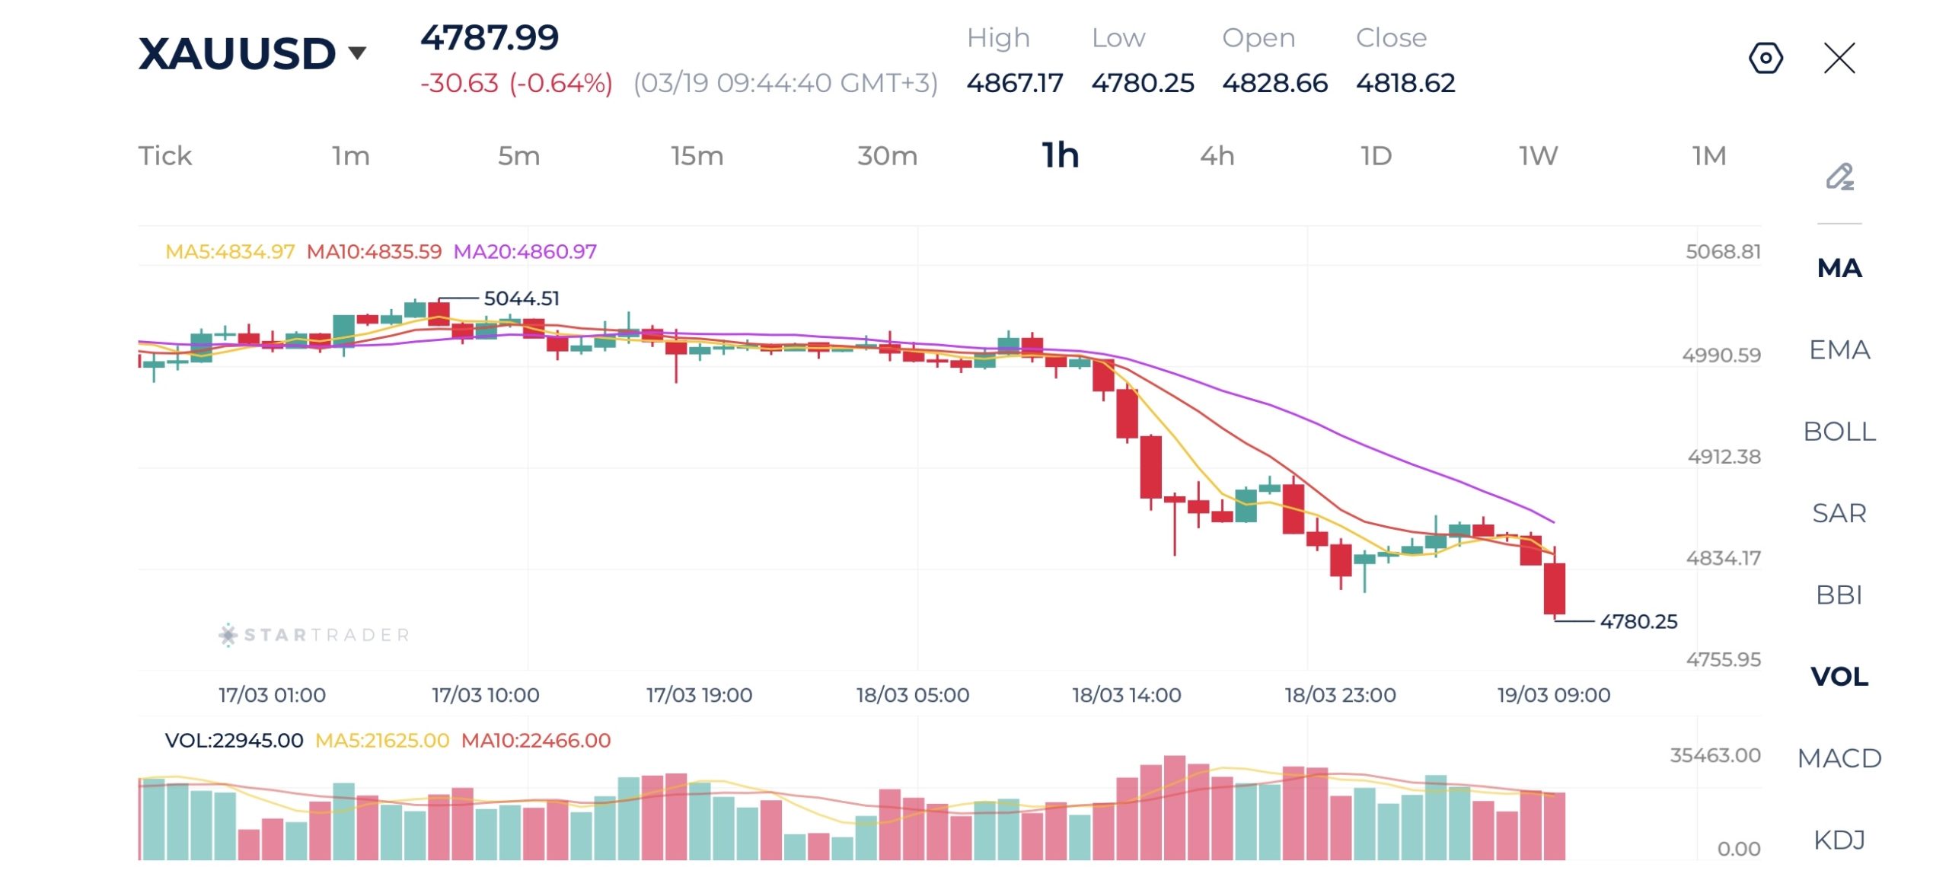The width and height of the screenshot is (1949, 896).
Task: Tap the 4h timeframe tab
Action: point(1217,156)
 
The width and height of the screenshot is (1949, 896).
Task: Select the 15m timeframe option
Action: point(697,156)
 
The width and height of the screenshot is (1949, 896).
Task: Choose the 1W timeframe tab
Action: point(1538,156)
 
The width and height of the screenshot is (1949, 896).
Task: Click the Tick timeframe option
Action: point(165,156)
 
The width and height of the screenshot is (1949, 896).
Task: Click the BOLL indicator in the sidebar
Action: point(1839,432)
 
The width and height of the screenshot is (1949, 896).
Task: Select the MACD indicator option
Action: point(1839,758)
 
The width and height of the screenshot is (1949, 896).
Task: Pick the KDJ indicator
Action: point(1839,840)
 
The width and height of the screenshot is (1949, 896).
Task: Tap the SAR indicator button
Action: point(1839,513)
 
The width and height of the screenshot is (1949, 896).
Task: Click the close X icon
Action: point(1839,58)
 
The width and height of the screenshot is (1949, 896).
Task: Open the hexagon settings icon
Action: point(1766,58)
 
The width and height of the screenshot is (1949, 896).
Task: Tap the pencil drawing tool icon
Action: point(1839,177)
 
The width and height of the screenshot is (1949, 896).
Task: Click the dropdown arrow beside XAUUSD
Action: point(357,53)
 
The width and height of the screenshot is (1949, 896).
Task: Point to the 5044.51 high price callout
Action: point(521,298)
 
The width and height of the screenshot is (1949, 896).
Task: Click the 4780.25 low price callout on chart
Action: point(1638,621)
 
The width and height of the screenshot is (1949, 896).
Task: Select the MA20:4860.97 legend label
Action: point(525,251)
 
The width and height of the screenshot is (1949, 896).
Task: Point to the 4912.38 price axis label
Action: point(1724,457)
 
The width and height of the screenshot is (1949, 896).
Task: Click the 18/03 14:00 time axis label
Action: point(1126,695)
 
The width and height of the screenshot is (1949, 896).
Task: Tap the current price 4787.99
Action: point(490,38)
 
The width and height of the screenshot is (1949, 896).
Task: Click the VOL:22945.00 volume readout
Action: point(234,740)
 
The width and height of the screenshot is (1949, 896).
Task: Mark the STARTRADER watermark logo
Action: point(314,635)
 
